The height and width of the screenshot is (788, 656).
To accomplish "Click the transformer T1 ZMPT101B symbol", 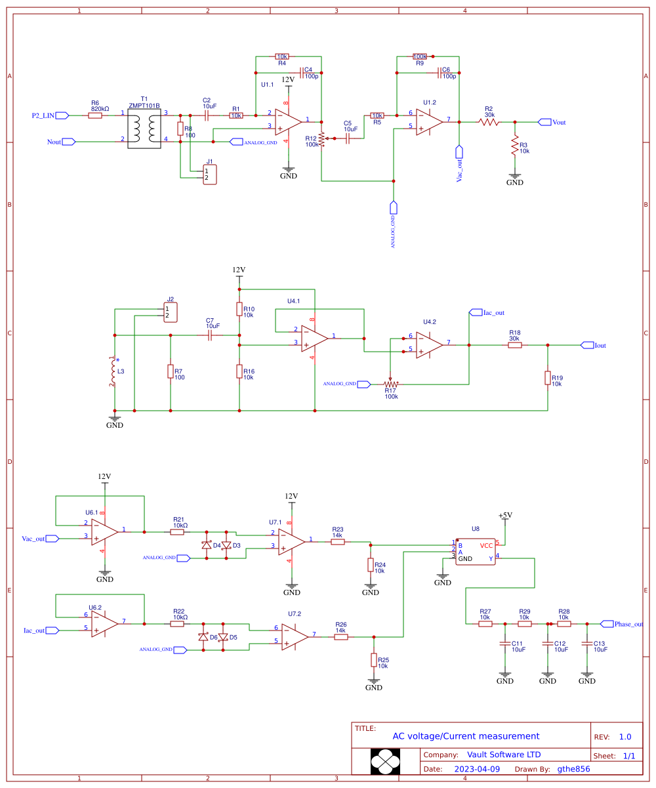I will coord(144,127).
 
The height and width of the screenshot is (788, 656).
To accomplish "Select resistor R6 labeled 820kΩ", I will coord(95,115).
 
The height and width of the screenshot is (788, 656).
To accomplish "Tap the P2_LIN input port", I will coord(62,115).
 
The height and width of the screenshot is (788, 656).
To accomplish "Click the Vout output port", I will coord(544,122).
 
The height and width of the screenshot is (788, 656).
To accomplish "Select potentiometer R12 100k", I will coord(321,139).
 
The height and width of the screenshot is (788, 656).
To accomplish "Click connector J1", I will coord(209,175).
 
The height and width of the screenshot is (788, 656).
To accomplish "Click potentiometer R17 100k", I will coord(391,384).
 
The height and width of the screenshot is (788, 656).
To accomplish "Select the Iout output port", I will coord(586,345).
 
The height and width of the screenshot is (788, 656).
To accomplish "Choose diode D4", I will coord(207,545).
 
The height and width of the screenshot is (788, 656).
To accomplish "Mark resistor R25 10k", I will coord(374,659).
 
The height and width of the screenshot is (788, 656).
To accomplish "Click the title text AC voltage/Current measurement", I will coord(466,736).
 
